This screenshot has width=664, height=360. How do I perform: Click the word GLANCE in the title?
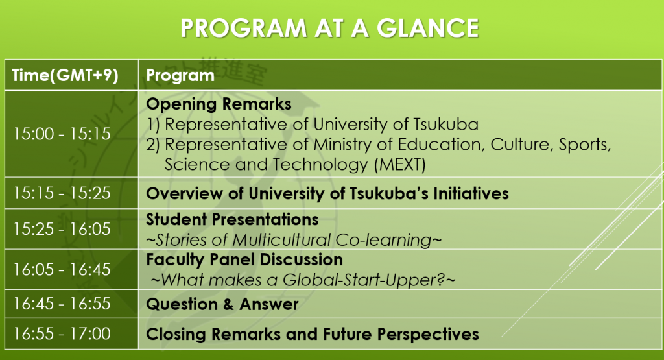click(428, 29)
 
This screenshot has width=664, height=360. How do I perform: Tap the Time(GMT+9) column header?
click(65, 75)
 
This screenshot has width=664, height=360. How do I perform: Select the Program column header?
click(180, 76)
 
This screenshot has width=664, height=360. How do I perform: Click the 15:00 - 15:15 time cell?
click(62, 134)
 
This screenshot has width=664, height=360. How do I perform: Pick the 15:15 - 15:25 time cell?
click(62, 193)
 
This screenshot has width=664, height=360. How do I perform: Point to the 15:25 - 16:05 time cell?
click(62, 229)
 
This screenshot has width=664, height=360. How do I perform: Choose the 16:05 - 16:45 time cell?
click(62, 269)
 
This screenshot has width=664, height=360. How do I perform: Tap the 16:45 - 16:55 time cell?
click(62, 304)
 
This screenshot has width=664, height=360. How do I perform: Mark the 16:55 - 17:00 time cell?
click(62, 334)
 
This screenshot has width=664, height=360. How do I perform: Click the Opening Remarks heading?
click(219, 104)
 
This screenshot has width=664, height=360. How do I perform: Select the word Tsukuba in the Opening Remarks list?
click(446, 125)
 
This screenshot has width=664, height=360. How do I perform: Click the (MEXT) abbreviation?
click(399, 164)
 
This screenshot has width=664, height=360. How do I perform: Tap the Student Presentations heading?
click(233, 220)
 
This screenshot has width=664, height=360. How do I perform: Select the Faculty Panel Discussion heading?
click(244, 260)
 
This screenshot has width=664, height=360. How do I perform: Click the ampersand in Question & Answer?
click(228, 304)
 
